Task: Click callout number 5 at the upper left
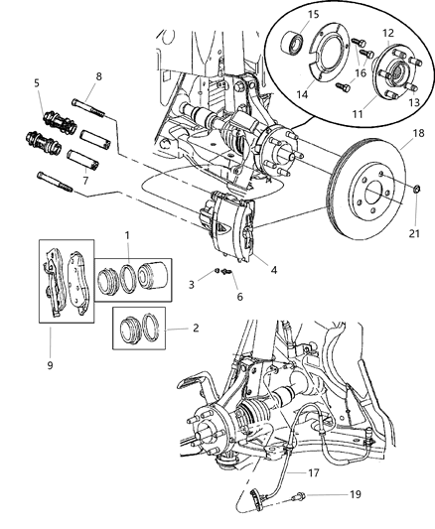tap(37, 83)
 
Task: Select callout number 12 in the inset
tap(388, 35)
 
